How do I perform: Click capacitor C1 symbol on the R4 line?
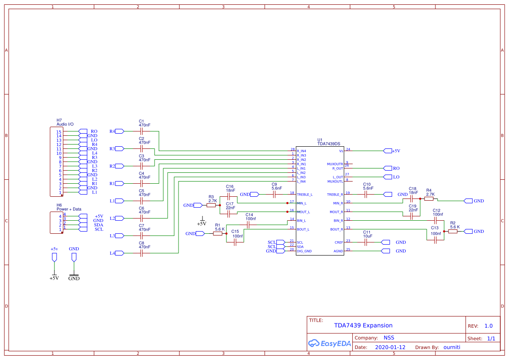coord(141,131)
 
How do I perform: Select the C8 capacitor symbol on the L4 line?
coord(141,253)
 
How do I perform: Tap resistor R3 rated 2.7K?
coord(211,205)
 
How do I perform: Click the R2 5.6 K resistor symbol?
coord(453,231)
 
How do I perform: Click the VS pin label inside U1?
coord(341,151)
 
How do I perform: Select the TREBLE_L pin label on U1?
coord(304,195)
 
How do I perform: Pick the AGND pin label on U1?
coord(338,251)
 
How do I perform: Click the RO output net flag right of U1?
coord(388,168)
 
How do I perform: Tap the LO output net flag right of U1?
coord(388,177)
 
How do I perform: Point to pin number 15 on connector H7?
coord(59,131)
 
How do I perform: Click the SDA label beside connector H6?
coord(98,225)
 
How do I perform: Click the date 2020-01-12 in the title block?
coord(390,347)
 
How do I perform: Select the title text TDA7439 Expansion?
coord(363,325)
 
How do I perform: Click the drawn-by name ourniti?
coord(452,347)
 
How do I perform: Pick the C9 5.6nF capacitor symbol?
coord(274,194)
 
